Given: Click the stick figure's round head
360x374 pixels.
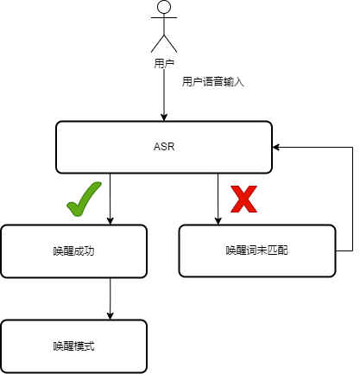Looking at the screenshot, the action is pos(164,6).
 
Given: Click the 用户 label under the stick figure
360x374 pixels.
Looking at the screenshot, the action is pos(164,63).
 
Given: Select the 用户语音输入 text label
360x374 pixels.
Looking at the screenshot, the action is pos(213,82).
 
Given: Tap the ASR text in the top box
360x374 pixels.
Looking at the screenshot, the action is pos(164,147).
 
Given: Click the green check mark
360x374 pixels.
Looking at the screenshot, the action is pos(84,199).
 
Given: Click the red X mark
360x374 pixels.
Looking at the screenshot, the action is pos(243,199).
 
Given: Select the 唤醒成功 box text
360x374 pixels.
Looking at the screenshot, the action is pos(74,251).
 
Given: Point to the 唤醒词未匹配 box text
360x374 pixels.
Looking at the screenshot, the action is pos(257,250).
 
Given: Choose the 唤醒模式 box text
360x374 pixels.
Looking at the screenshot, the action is pos(74,345).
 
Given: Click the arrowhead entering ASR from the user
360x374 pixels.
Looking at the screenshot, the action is pos(164,117).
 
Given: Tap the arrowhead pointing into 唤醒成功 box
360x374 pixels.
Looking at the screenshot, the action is pos(111,221).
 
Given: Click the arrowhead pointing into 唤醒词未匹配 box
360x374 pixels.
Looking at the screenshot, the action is pos(218,221).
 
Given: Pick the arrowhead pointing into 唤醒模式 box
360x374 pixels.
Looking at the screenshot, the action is pos(111,316).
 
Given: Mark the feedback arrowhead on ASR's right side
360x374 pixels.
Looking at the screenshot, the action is pos(276,147).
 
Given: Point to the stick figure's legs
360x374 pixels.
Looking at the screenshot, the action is pos(164,44).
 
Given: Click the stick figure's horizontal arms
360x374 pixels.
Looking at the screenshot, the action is pos(164,17).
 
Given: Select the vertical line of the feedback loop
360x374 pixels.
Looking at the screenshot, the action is pos(352,199).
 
